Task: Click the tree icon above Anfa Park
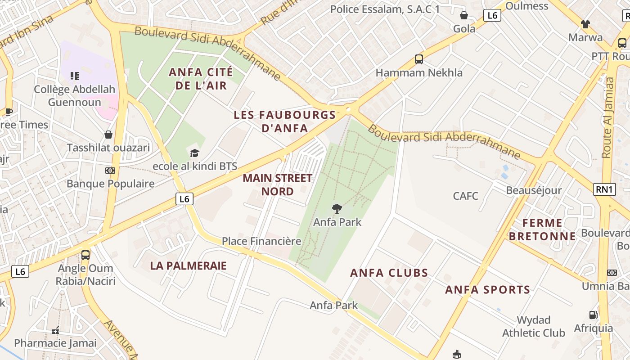(336, 208)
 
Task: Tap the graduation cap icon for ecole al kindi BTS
(194, 153)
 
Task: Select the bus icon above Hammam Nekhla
(419, 59)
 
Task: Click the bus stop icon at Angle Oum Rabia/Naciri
(85, 255)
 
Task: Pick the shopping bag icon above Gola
(464, 15)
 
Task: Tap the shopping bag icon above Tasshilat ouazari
(108, 135)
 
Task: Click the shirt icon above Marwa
(585, 24)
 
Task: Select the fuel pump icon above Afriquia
(594, 315)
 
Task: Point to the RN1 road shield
(605, 189)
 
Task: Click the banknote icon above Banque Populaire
(110, 171)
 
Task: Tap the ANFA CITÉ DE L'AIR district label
(201, 78)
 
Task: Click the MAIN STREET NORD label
(277, 184)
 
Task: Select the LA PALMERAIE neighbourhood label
(188, 265)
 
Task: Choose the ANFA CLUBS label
(389, 273)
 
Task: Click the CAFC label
(465, 196)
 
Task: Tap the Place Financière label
(261, 241)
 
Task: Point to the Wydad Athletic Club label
(534, 326)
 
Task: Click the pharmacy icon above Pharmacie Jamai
(55, 331)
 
